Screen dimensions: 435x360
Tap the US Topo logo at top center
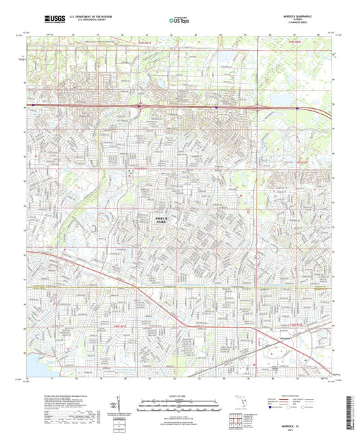(180, 21)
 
